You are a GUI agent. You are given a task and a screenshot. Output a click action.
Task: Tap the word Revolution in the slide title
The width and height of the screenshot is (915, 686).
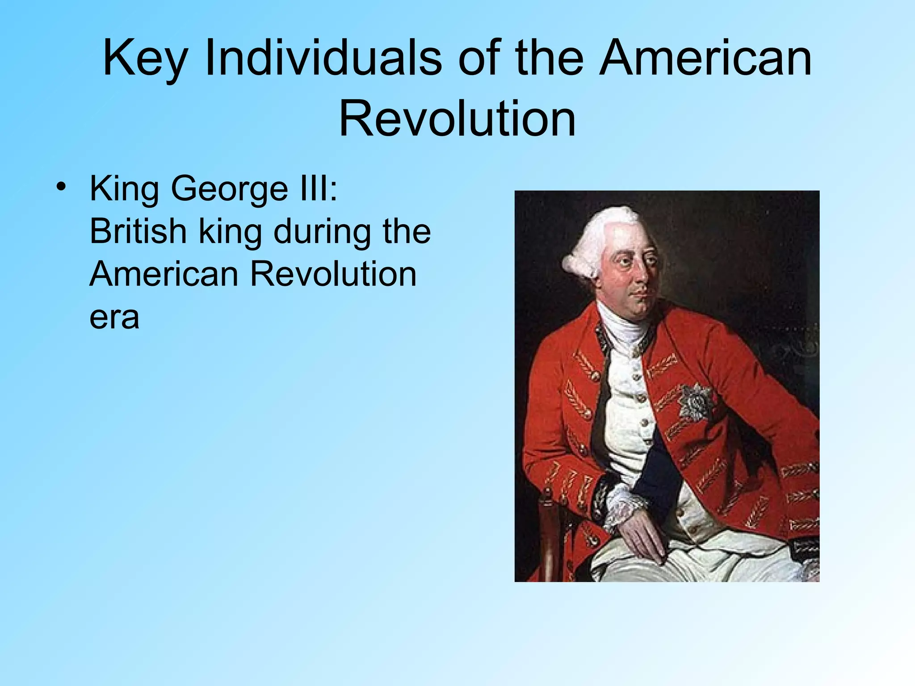point(457,119)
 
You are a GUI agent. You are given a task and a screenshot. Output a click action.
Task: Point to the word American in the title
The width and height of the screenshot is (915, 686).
point(705,58)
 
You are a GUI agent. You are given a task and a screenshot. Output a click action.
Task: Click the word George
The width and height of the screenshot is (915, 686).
point(230,189)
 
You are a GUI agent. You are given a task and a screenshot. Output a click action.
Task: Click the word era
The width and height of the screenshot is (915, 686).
point(114,318)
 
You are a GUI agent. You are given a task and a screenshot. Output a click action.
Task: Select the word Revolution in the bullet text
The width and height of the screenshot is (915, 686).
point(333,274)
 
